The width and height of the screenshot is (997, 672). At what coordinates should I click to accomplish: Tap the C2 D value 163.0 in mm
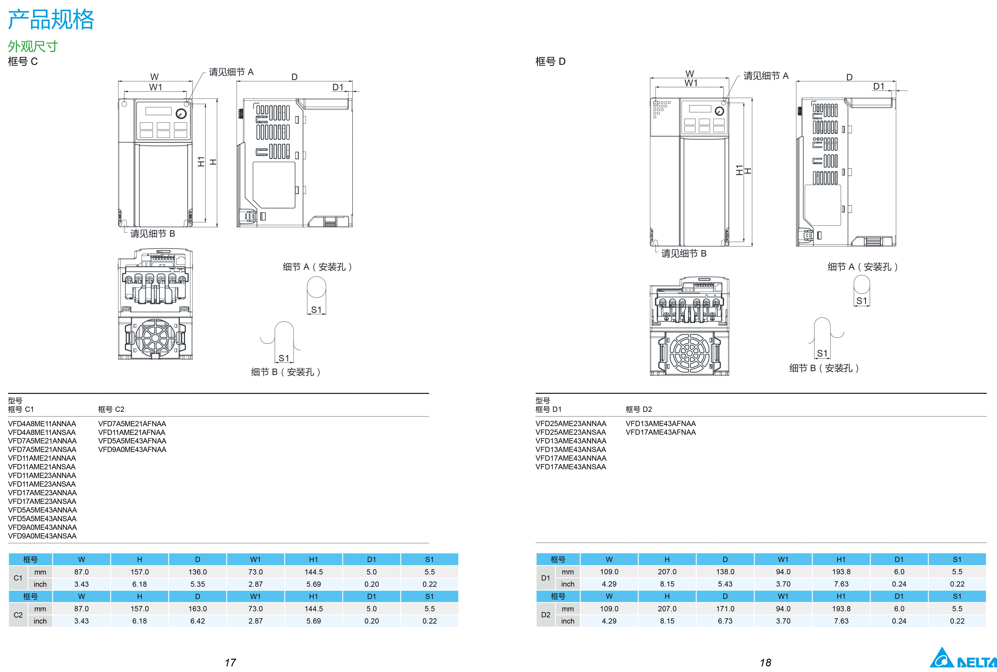click(x=197, y=609)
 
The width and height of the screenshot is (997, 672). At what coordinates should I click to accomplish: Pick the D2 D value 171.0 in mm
click(x=725, y=609)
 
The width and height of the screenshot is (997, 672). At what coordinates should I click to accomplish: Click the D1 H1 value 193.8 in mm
click(x=841, y=572)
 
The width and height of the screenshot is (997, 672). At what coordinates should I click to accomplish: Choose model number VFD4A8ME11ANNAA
click(x=42, y=423)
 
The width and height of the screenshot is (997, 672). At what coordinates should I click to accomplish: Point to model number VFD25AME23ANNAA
click(x=571, y=423)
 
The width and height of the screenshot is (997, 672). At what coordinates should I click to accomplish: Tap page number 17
click(x=230, y=663)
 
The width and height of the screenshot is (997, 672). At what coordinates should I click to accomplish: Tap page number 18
click(x=765, y=663)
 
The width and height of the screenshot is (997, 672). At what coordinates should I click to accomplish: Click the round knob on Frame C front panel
click(x=181, y=114)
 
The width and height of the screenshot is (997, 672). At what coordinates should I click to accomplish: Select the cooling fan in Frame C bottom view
click(x=155, y=338)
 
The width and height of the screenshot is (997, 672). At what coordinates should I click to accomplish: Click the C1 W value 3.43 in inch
click(x=81, y=584)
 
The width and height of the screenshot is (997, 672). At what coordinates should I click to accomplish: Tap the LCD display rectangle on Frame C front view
click(x=158, y=111)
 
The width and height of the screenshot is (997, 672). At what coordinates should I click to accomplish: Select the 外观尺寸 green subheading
click(x=33, y=46)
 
